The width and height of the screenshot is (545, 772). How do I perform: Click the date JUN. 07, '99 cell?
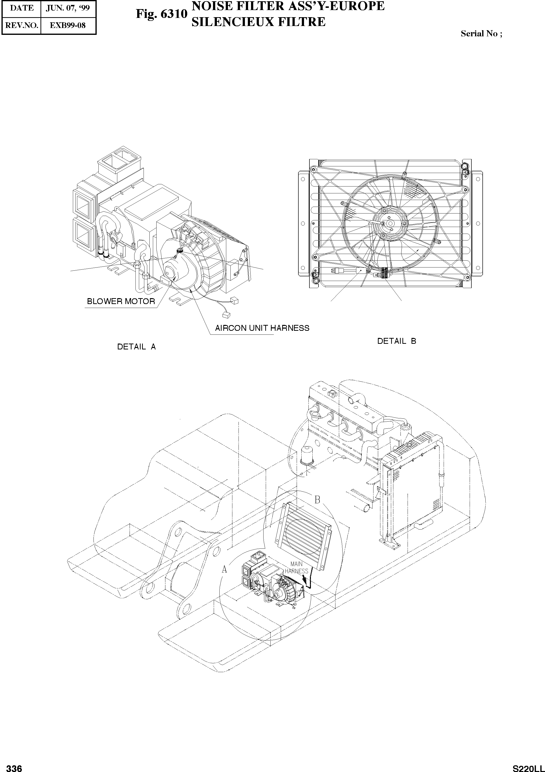pyautogui.click(x=68, y=8)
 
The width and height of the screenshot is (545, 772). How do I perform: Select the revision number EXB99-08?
pyautogui.click(x=68, y=25)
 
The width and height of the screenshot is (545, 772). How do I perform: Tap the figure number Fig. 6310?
pyautogui.click(x=161, y=14)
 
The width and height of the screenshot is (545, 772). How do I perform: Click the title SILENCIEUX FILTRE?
pyautogui.click(x=258, y=22)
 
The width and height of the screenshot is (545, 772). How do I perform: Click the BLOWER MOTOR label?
pyautogui.click(x=121, y=301)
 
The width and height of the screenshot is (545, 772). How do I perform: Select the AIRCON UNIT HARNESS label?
pyautogui.click(x=262, y=328)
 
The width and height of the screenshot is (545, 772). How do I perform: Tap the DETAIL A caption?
pyautogui.click(x=136, y=347)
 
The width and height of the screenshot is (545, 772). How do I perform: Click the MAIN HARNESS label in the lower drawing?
pyautogui.click(x=296, y=568)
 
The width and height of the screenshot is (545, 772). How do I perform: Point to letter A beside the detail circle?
pyautogui.click(x=224, y=570)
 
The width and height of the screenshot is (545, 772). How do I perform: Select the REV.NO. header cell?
pyautogui.click(x=22, y=25)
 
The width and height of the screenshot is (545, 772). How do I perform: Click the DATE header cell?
pyautogui.click(x=22, y=8)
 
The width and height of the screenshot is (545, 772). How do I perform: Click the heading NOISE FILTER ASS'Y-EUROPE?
pyautogui.click(x=288, y=6)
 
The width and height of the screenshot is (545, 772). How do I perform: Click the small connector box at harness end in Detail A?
pyautogui.click(x=226, y=315)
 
